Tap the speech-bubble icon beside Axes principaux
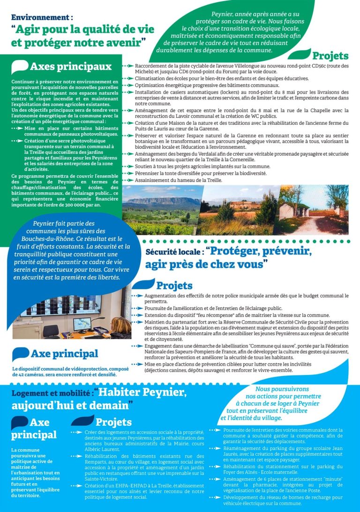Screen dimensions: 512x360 pyautogui.click(x=20, y=67)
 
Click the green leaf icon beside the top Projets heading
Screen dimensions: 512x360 pyautogui.click(x=300, y=53)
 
